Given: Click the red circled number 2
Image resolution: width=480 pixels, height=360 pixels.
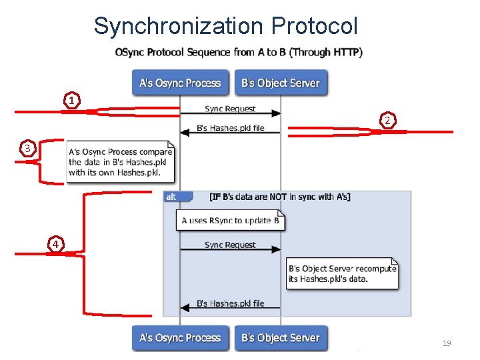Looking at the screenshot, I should point(387,120).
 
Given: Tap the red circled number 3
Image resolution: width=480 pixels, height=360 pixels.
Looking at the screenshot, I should point(27,148).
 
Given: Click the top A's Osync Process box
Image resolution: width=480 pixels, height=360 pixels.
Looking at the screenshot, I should point(180,83).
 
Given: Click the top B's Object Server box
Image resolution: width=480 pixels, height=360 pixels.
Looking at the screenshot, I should point(281,83).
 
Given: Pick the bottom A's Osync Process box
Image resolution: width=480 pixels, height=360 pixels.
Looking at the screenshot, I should point(180,338).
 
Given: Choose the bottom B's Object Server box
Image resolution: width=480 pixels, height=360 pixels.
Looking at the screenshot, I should point(281,338).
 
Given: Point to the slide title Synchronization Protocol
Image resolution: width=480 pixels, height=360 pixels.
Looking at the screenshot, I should point(225,26).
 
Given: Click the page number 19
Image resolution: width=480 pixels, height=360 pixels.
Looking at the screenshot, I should point(447,343).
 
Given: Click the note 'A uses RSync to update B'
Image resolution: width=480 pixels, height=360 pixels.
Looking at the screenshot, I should point(230,221).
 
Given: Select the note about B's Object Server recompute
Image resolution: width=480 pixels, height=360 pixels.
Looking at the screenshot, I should point(342,273).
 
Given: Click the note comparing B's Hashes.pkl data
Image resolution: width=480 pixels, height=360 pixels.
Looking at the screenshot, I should point(121,162).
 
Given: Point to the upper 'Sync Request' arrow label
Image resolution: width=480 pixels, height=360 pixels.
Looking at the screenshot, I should point(230,109).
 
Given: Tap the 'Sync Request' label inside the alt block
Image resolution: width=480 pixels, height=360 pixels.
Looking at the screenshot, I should point(230,245).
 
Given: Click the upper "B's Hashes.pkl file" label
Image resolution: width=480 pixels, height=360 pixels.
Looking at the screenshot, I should point(230,128).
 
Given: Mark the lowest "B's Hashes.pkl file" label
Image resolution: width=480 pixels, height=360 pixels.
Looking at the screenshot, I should point(230,303).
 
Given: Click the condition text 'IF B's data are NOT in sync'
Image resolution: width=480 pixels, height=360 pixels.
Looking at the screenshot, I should point(280,197).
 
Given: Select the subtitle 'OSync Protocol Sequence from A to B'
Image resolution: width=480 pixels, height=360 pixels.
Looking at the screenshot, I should point(239,52).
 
